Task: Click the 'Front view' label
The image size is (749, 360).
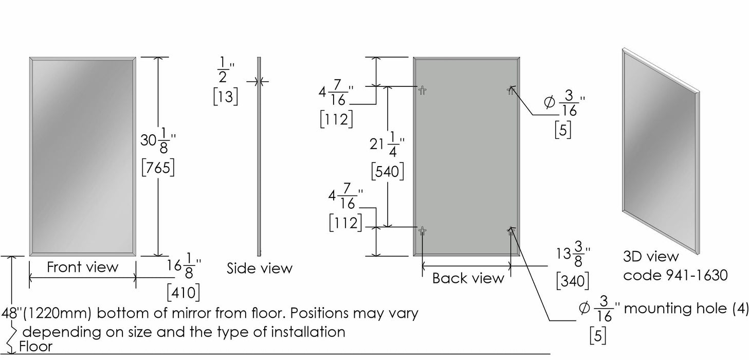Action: [x=82, y=267]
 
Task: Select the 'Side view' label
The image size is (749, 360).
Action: [x=260, y=268]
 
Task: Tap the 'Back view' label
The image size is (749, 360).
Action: [x=468, y=278]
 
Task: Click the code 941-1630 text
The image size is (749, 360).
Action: [x=675, y=275]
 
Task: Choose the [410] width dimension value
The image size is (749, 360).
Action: [x=183, y=293]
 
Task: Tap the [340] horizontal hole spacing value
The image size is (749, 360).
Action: [x=572, y=281]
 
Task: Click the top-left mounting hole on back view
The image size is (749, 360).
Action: [x=422, y=90]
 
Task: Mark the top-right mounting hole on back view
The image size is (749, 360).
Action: [x=510, y=90]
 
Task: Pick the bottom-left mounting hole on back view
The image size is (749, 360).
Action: [x=422, y=231]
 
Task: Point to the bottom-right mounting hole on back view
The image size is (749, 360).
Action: [x=510, y=231]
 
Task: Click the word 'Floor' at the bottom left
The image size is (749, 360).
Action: [x=35, y=347]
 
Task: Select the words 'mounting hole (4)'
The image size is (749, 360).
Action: [x=686, y=308]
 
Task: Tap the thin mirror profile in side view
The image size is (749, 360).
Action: [x=259, y=154]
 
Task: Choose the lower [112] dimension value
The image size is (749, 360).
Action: [x=344, y=223]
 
